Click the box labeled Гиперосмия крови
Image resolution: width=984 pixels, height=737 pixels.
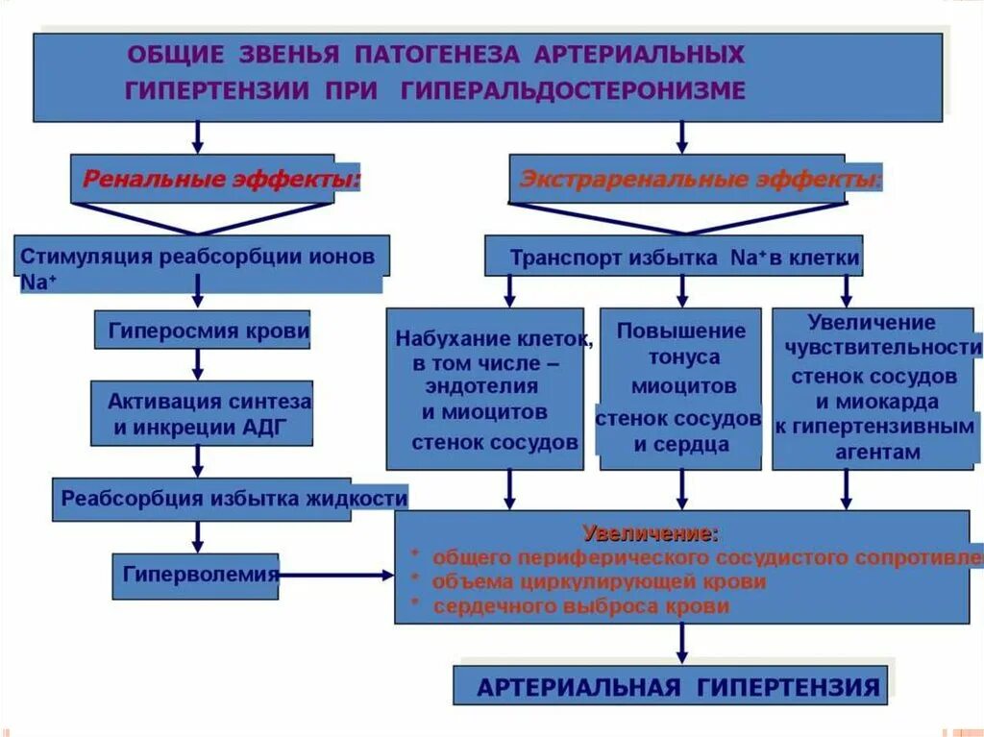tap(203, 330)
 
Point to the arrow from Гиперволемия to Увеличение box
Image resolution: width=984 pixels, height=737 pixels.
tap(336, 576)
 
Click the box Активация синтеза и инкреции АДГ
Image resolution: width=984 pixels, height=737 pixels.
tap(203, 413)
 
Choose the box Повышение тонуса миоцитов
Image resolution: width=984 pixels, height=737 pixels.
tap(680, 388)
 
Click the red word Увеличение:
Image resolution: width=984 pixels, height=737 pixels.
tap(650, 533)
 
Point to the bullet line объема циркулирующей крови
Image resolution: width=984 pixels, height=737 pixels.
tap(599, 581)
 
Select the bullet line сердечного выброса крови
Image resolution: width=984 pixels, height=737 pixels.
tap(580, 606)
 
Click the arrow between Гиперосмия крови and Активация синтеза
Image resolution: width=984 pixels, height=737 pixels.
tap(198, 364)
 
